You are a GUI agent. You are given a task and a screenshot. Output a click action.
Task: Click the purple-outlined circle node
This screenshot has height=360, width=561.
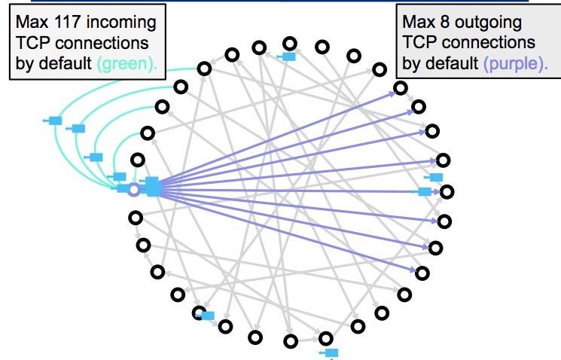point(134,190)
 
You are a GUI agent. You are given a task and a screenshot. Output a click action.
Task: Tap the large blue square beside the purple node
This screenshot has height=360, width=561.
point(153,186)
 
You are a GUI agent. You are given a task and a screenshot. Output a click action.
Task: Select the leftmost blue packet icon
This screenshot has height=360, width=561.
point(54,120)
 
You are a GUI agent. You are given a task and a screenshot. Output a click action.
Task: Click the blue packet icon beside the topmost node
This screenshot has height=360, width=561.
point(288,55)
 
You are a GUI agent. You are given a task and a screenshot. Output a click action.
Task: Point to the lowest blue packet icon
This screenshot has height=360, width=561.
point(331,352)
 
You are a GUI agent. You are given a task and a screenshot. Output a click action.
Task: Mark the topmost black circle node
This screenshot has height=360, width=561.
point(290,44)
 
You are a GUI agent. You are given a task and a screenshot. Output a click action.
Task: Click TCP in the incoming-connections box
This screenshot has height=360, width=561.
point(31,42)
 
